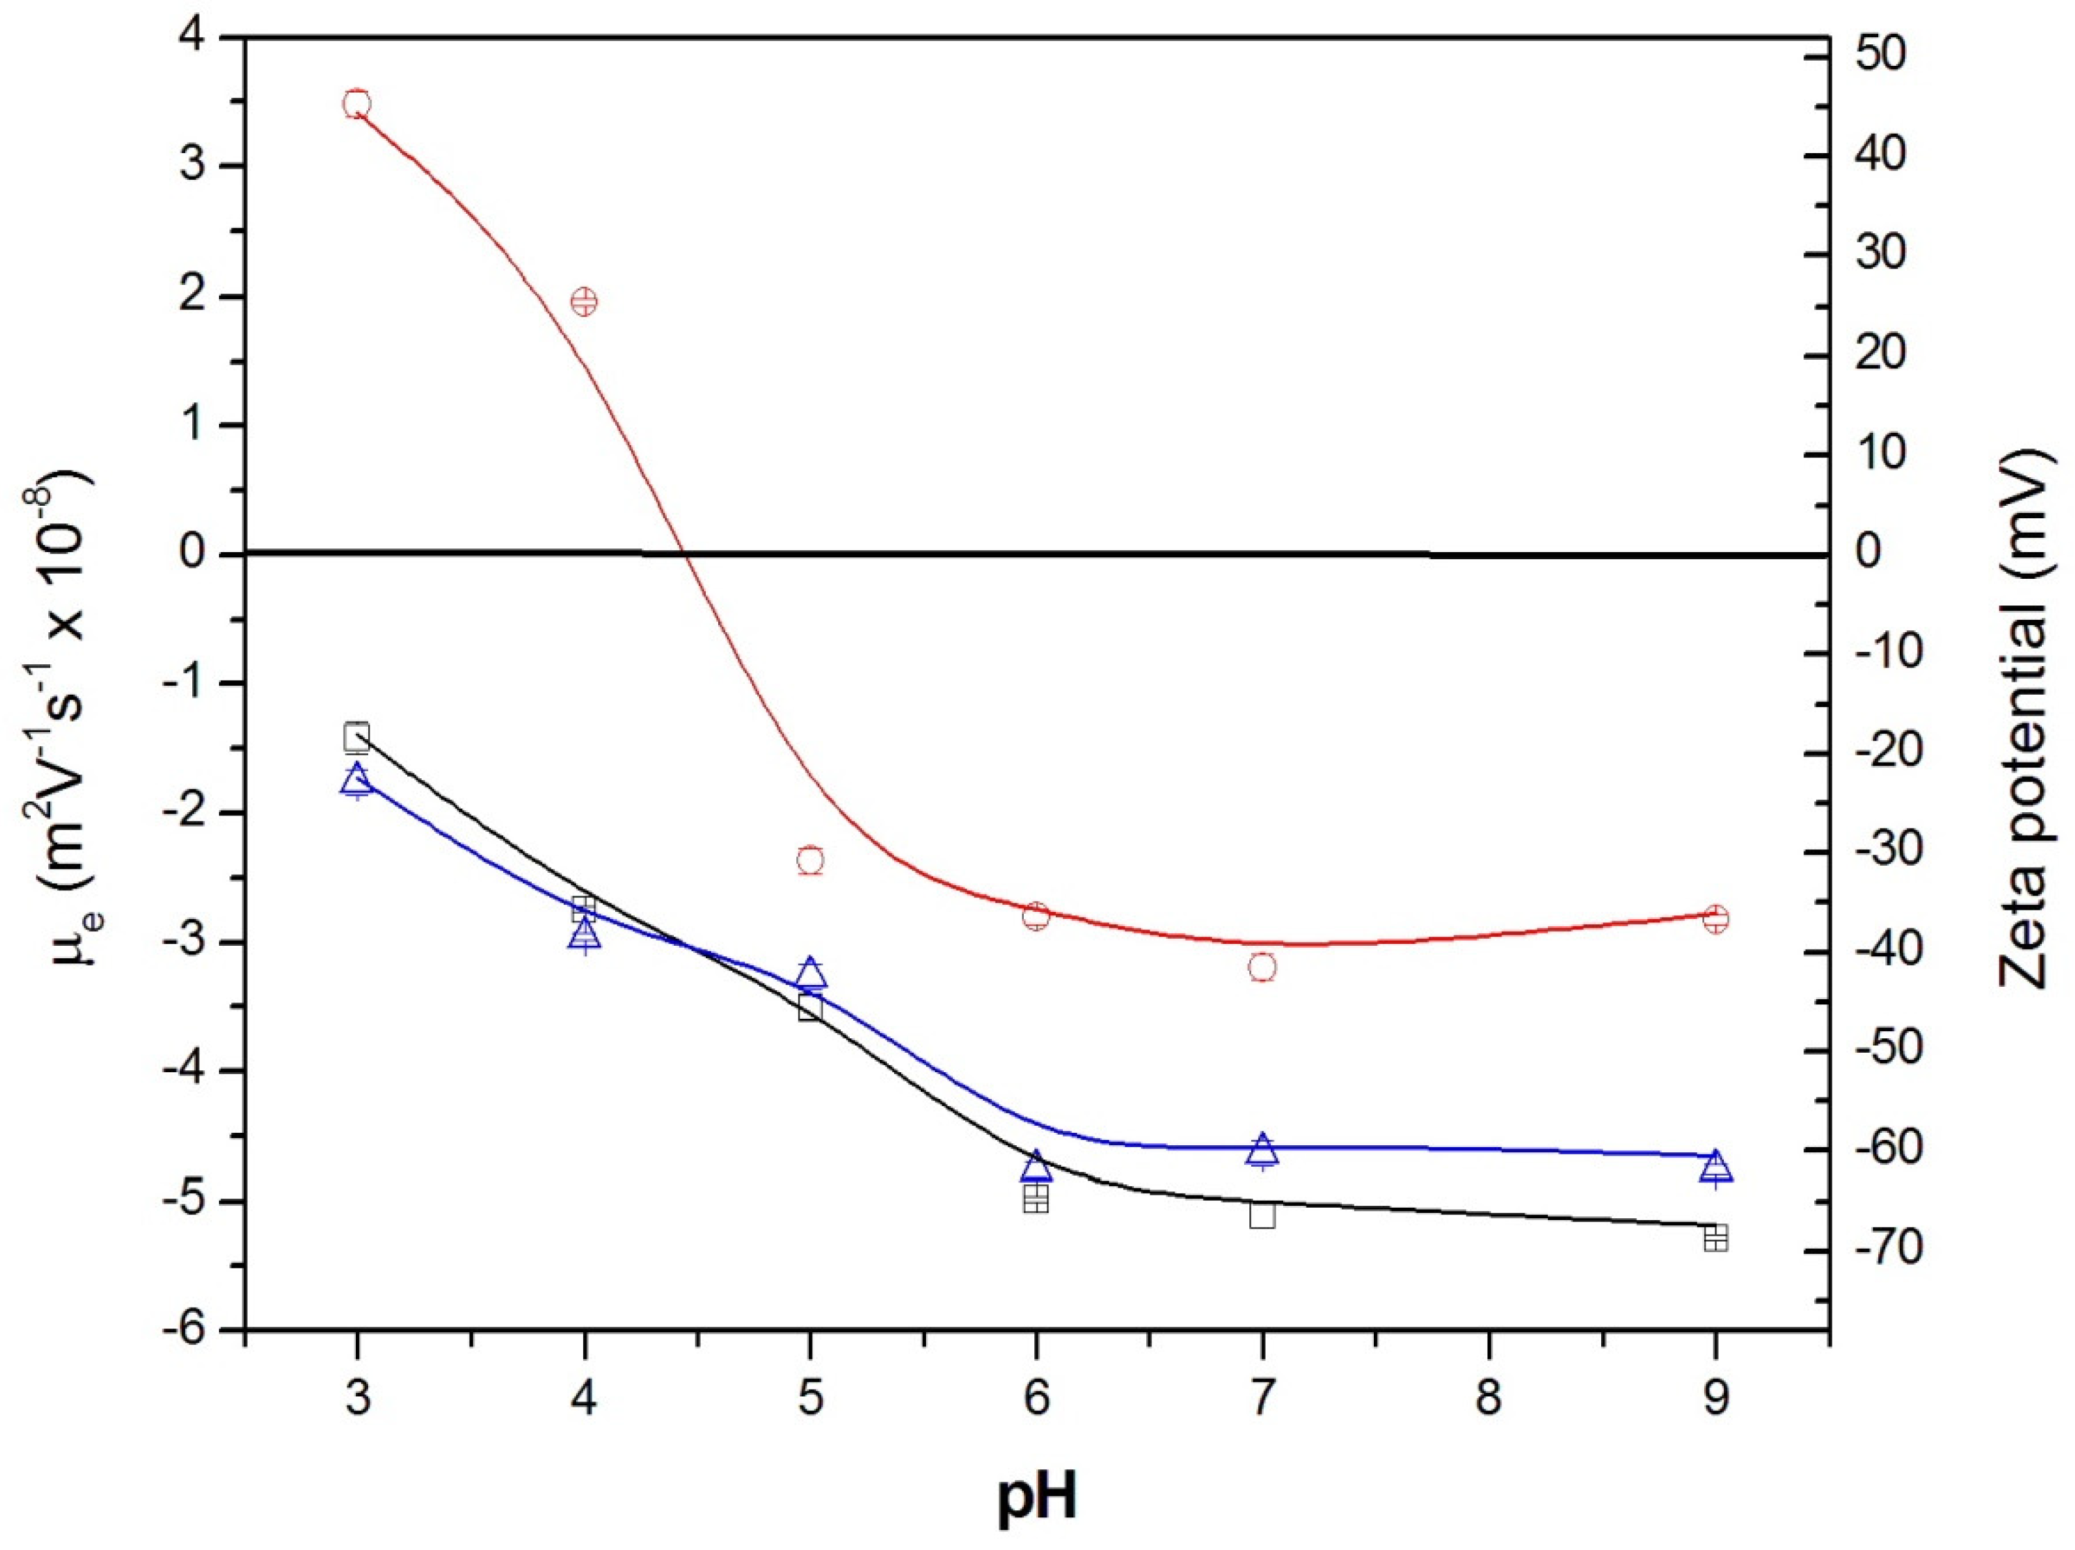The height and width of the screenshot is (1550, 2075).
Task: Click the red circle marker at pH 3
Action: [x=356, y=103]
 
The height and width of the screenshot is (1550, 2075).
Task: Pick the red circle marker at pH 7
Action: [x=1262, y=967]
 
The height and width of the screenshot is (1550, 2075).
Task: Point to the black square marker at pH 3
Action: [x=356, y=737]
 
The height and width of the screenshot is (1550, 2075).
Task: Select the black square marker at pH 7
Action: [x=1262, y=1215]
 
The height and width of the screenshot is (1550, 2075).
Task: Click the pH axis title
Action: [x=1037, y=1499]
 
